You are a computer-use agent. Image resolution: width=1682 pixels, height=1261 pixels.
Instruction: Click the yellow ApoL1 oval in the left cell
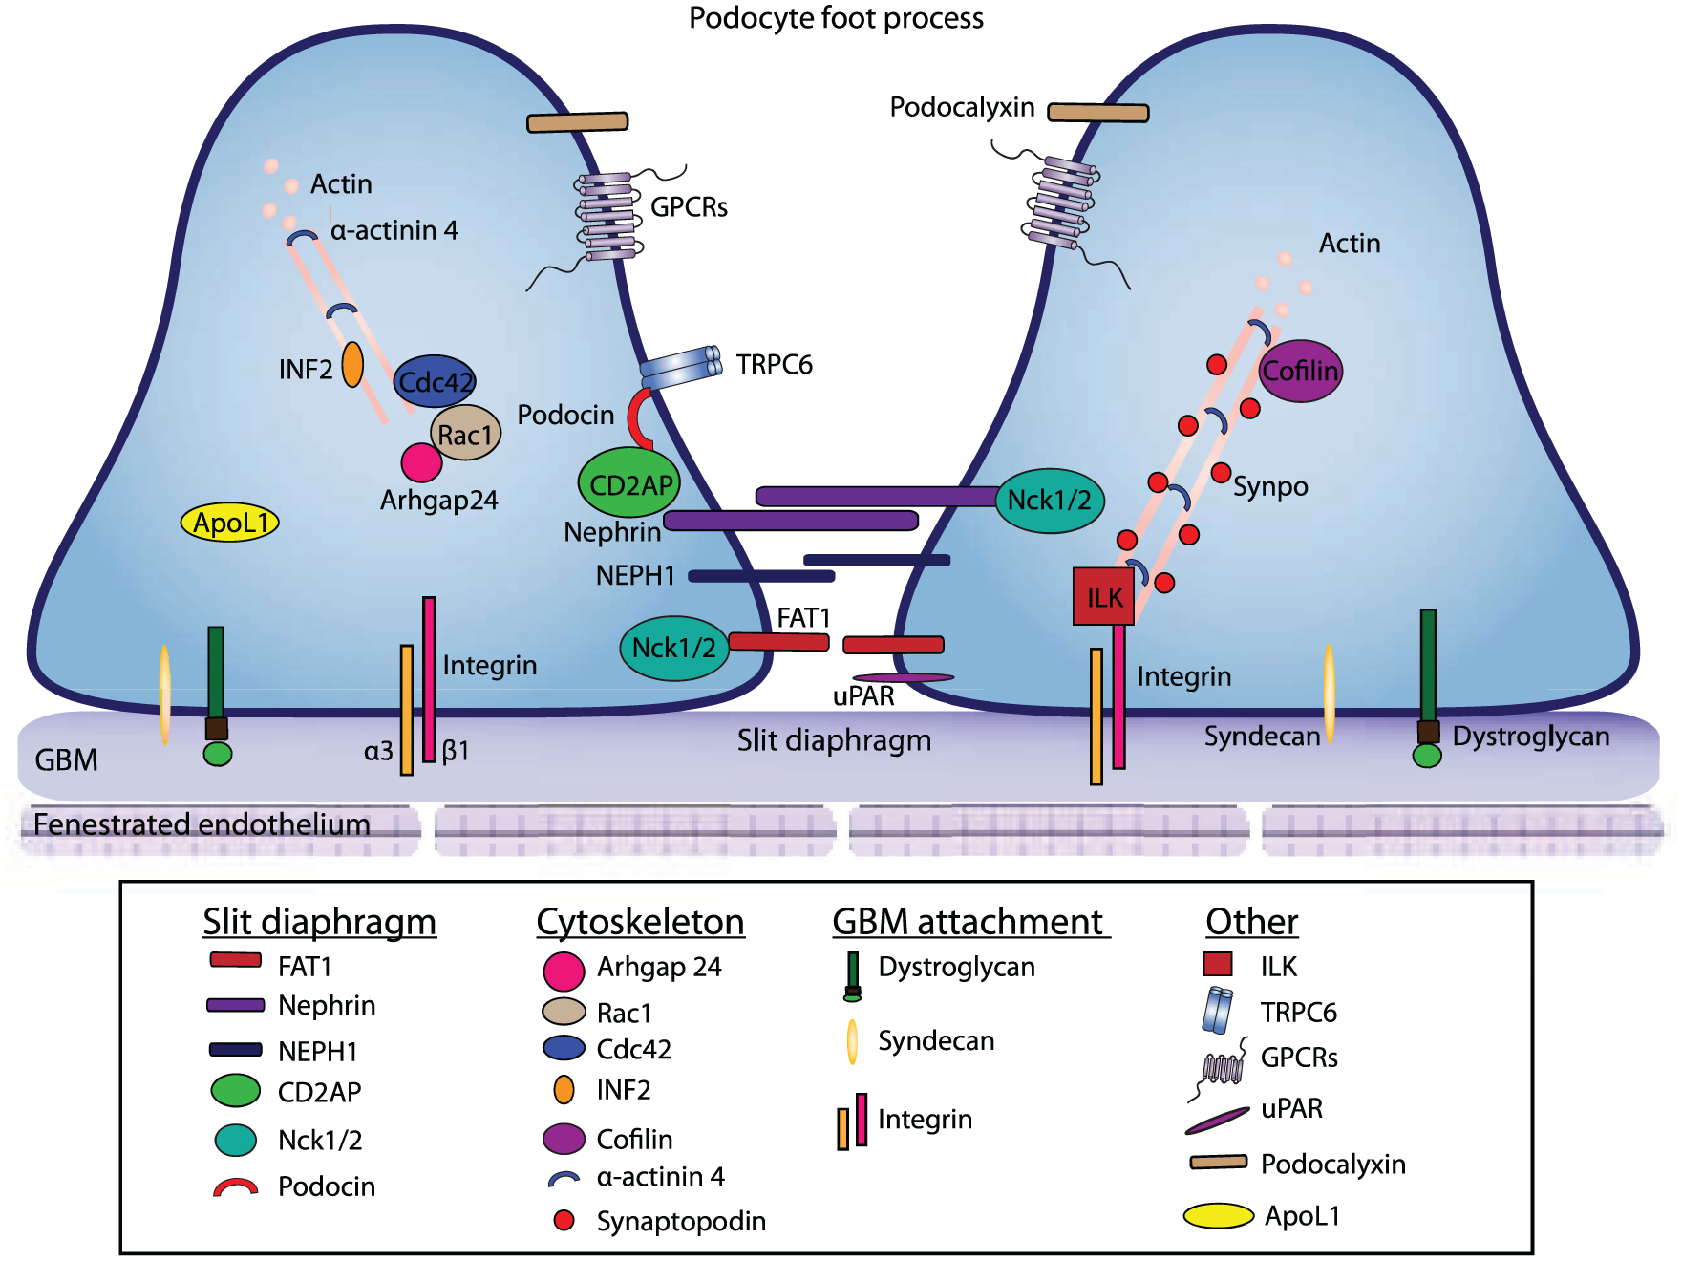[x=230, y=522]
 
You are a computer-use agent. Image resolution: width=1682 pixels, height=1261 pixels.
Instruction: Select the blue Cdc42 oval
[x=435, y=381]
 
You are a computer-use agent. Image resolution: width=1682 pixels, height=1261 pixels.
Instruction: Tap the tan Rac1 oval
[x=465, y=434]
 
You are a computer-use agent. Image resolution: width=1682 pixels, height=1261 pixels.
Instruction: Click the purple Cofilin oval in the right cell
[x=1301, y=371]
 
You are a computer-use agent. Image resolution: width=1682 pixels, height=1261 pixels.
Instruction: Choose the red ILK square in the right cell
[x=1103, y=597]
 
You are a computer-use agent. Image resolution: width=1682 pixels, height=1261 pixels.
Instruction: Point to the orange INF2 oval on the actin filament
[x=352, y=365]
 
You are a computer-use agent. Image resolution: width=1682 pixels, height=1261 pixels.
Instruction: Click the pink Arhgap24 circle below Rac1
[x=421, y=462]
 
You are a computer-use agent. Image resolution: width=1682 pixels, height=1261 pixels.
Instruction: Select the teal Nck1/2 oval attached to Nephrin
[x=1050, y=500]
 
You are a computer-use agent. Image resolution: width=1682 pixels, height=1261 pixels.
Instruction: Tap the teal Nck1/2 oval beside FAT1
[x=674, y=648]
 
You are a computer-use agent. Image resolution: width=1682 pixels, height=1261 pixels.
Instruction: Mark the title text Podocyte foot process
[x=836, y=18]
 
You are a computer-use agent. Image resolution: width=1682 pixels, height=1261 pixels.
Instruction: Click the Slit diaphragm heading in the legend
[x=319, y=922]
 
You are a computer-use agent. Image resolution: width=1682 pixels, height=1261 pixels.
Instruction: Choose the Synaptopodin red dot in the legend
[x=564, y=1220]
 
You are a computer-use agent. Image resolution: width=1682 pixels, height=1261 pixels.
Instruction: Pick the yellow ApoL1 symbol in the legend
[x=1219, y=1215]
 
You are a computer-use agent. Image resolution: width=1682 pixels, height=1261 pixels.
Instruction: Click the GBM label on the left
[x=66, y=760]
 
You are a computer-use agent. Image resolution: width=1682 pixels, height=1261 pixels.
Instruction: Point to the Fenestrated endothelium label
[x=202, y=823]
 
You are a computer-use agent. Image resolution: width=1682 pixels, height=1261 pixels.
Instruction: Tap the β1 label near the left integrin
[x=456, y=751]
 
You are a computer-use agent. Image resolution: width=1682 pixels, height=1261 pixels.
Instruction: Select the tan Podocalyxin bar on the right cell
[x=1098, y=113]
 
